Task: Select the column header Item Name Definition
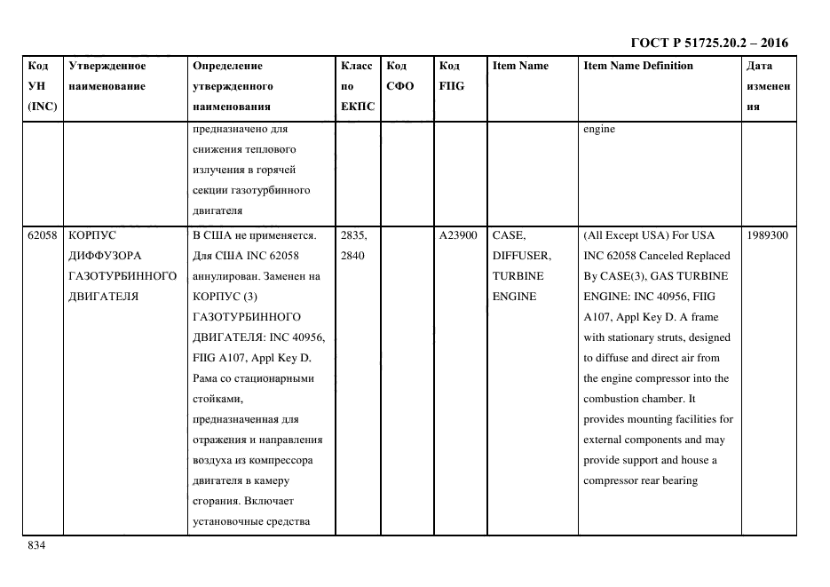(x=638, y=66)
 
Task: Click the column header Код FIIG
(x=451, y=75)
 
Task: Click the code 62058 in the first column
(x=43, y=235)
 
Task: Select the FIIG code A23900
(x=458, y=235)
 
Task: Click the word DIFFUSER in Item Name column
(x=521, y=256)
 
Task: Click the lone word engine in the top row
(x=599, y=129)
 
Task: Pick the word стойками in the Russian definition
(x=217, y=399)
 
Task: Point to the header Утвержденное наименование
(x=107, y=75)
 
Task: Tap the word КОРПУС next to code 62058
(x=91, y=235)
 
